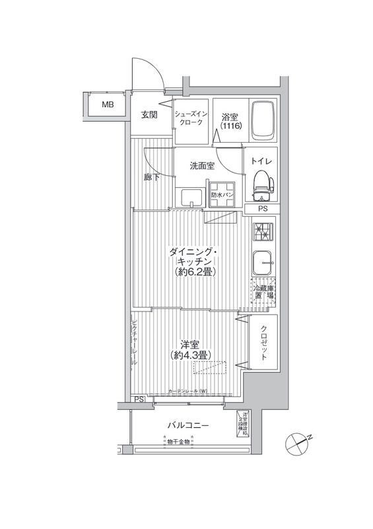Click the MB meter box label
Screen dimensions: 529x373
click(x=106, y=104)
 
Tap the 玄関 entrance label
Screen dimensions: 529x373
click(x=149, y=114)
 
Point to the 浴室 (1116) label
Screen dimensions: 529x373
click(x=232, y=119)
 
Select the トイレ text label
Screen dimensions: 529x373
click(x=262, y=161)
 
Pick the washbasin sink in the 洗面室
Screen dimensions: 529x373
click(x=192, y=196)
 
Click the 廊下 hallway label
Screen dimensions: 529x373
click(x=152, y=177)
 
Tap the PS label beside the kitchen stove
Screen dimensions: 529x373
click(x=263, y=209)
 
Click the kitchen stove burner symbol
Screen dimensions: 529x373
click(x=262, y=232)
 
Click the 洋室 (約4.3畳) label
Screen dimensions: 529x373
click(x=190, y=350)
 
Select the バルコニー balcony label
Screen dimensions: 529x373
click(x=188, y=425)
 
